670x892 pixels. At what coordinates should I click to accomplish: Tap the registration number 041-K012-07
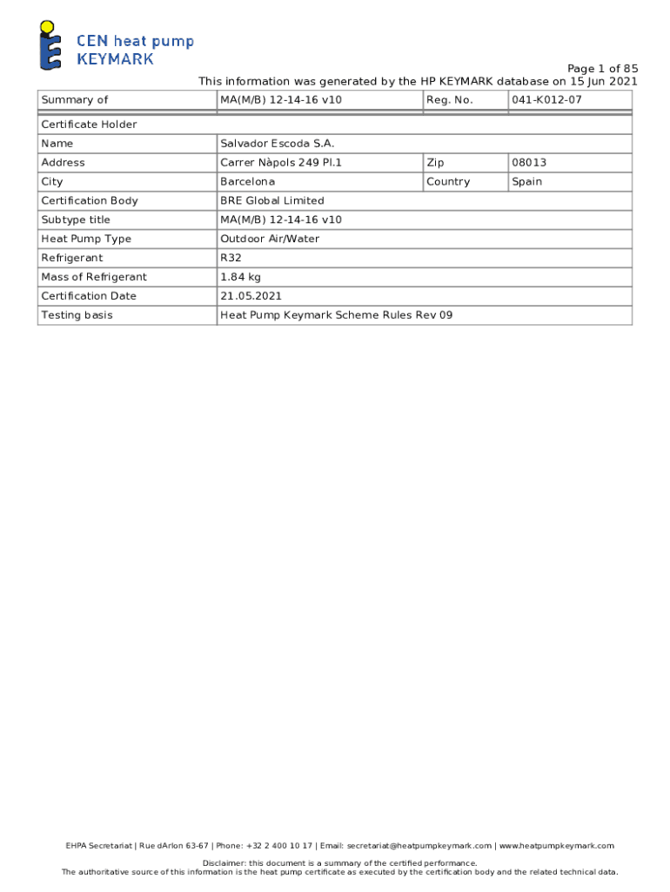(x=546, y=100)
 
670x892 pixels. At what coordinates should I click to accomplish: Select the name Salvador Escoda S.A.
(x=277, y=144)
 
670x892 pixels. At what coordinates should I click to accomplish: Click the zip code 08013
(x=529, y=163)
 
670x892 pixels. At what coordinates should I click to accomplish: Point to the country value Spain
(x=526, y=182)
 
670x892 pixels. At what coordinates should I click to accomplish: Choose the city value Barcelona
(x=247, y=182)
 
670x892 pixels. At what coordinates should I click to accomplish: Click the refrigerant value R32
(x=231, y=258)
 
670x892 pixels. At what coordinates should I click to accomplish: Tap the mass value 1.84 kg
(x=240, y=277)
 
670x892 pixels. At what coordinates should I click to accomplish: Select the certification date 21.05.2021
(x=251, y=296)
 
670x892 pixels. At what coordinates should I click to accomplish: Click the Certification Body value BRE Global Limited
(x=271, y=201)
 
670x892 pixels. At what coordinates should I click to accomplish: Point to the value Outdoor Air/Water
(x=270, y=239)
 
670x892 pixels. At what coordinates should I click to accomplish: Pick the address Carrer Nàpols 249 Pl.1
(x=281, y=163)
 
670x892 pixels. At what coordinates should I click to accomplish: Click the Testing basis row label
(x=77, y=315)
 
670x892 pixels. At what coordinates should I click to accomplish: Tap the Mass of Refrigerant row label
(x=94, y=277)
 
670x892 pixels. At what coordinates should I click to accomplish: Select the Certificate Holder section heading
(x=89, y=125)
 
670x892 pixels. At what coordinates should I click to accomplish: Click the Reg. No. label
(x=449, y=100)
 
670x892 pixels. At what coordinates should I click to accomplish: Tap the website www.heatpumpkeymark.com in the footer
(x=556, y=846)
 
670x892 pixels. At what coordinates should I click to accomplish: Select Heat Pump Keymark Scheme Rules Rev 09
(x=336, y=315)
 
